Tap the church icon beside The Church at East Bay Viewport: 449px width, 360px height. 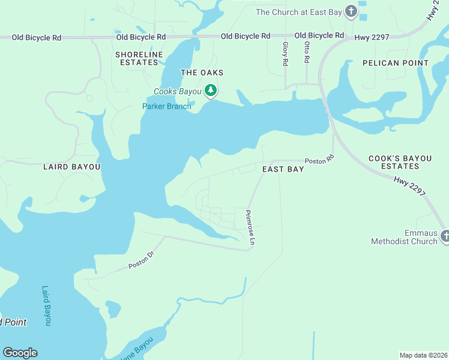coord(351,11)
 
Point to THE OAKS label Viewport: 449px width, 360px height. coord(202,73)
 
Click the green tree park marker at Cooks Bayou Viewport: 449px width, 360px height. coord(210,91)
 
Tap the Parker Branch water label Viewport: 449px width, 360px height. coord(166,107)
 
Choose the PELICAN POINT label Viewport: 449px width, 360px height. coord(396,63)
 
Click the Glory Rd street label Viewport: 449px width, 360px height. coord(285,53)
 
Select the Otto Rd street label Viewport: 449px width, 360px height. coord(307,53)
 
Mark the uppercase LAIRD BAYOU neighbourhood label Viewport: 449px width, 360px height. coord(71,167)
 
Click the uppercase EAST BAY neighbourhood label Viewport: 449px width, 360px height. coord(283,170)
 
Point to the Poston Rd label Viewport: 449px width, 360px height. coord(319,161)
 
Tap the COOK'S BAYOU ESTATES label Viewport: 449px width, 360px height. coord(400,162)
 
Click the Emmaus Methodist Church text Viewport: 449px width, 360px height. coord(403,237)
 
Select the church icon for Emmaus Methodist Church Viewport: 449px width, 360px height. coord(444,236)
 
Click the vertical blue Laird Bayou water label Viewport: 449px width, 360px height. coord(47,305)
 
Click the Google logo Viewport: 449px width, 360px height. coord(20,353)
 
